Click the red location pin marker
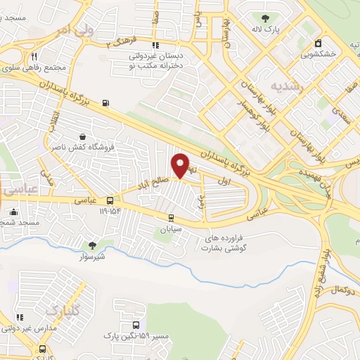coord(181,165)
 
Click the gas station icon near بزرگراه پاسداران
coord(105,103)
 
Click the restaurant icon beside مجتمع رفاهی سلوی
coord(34,56)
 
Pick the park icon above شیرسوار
coord(92,245)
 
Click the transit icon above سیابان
coord(171,218)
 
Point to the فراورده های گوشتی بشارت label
coord(226,243)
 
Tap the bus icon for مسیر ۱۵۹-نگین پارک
coord(136,326)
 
